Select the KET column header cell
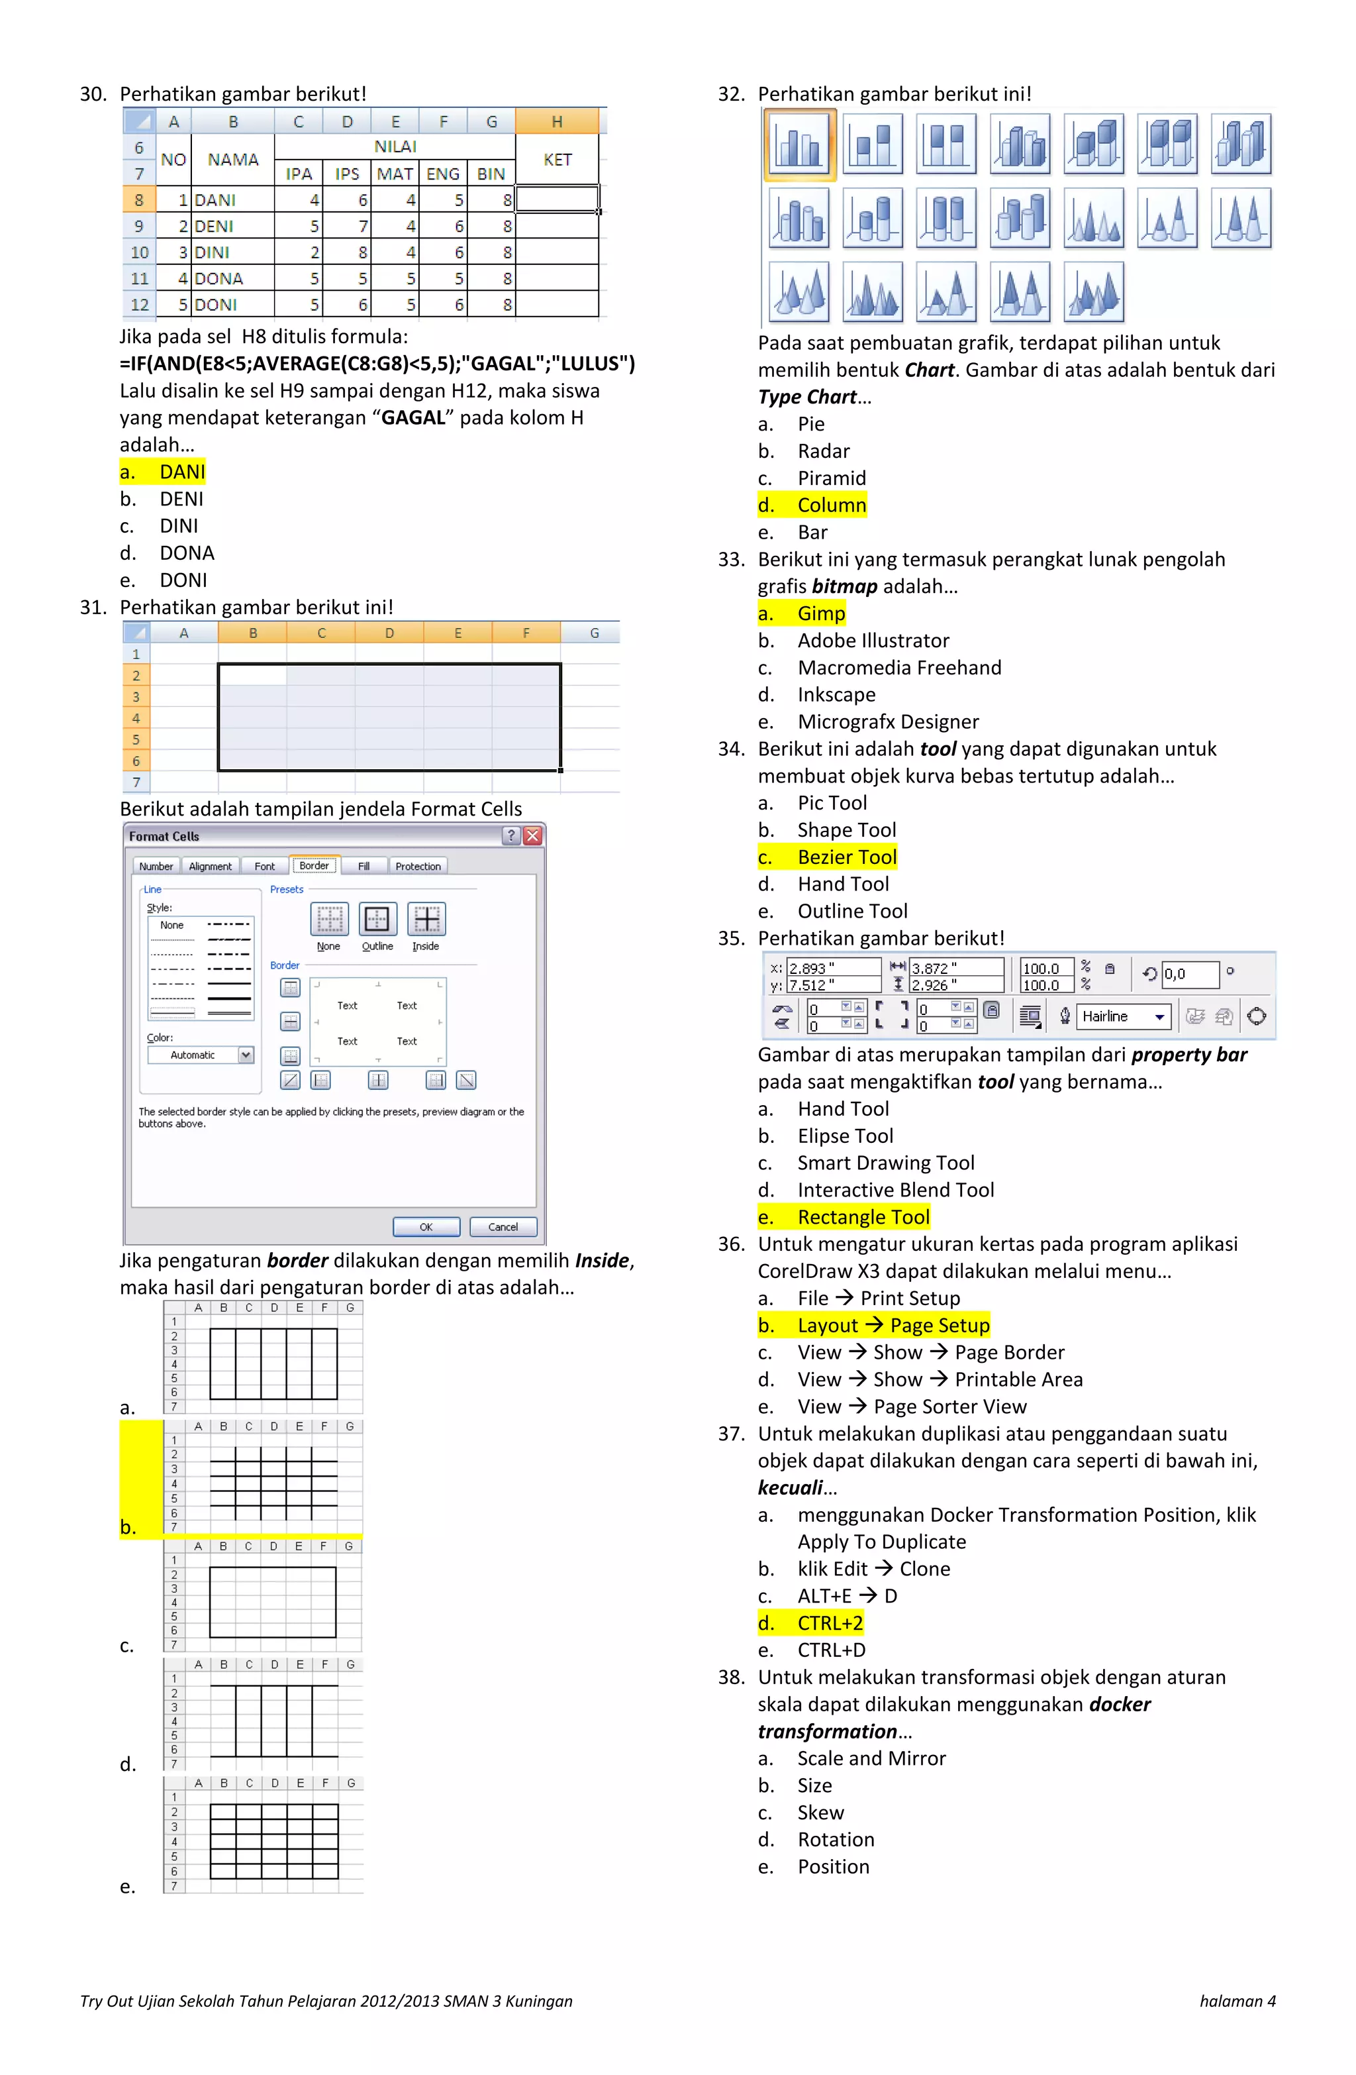click(557, 160)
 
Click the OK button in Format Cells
click(426, 1227)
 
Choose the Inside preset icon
click(426, 920)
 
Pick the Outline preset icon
click(377, 920)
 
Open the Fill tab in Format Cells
click(363, 866)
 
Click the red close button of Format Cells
click(532, 835)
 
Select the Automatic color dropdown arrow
click(246, 1055)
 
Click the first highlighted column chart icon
click(799, 144)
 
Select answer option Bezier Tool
click(846, 857)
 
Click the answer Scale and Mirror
click(871, 1758)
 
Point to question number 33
click(731, 559)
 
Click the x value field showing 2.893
click(832, 968)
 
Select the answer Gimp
click(821, 613)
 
